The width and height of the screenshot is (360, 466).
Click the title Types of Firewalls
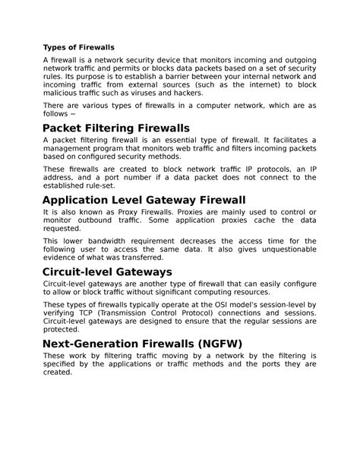[x=78, y=47]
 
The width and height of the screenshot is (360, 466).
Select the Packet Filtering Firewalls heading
[x=115, y=128]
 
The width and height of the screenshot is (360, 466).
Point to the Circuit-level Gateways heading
[x=107, y=271]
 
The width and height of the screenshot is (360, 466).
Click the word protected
[x=61, y=330]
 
